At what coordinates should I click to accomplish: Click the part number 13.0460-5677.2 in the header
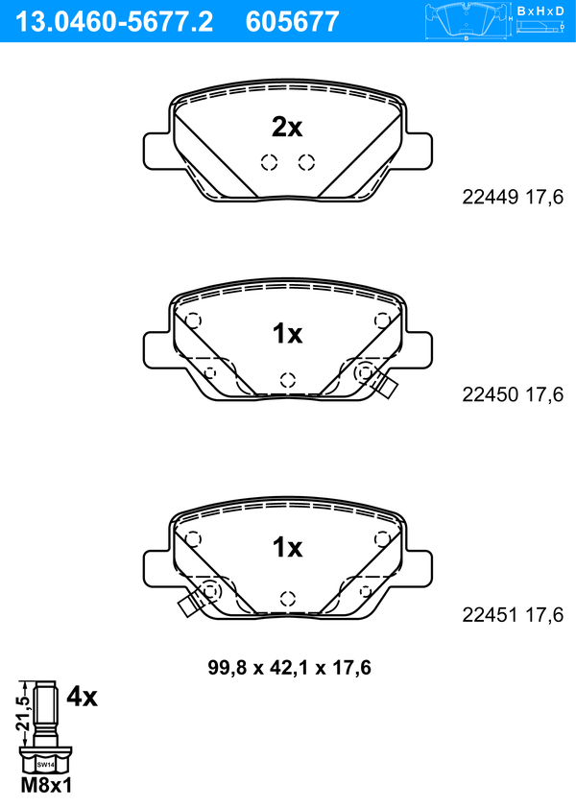(113, 22)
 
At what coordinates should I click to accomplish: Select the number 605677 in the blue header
(293, 22)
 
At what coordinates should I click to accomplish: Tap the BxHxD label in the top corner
(540, 11)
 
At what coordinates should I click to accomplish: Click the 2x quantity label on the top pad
(287, 127)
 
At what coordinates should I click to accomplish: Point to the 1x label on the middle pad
(287, 334)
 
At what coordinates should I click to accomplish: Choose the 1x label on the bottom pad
(287, 548)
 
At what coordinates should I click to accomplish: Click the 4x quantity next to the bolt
(82, 698)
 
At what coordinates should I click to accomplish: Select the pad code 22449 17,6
(513, 197)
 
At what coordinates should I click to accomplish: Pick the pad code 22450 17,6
(513, 394)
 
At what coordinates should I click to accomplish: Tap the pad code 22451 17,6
(513, 614)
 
